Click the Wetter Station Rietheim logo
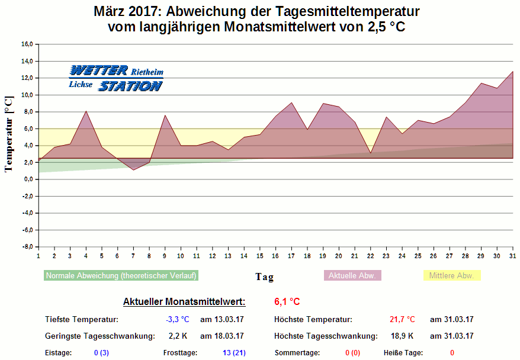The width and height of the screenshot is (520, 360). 115,78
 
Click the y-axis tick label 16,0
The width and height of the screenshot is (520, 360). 27,44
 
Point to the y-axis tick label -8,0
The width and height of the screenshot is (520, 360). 27,247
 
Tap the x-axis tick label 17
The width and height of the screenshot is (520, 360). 291,256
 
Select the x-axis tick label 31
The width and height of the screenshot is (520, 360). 513,256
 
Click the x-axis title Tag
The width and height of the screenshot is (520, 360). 264,277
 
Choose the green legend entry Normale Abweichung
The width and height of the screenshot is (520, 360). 121,275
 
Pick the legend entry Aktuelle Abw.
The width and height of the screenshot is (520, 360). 352,275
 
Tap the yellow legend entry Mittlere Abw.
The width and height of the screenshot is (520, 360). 451,275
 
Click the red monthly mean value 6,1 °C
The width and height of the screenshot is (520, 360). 287,302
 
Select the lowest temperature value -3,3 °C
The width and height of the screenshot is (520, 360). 178,320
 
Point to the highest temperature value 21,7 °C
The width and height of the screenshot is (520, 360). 402,320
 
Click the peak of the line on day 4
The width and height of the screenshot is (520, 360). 86,111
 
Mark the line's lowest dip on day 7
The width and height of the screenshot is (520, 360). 133,170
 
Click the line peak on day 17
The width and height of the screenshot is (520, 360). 291,103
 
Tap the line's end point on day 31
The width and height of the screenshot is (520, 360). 513,72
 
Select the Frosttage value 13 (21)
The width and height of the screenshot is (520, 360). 234,353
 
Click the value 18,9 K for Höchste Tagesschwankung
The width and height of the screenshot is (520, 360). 403,336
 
